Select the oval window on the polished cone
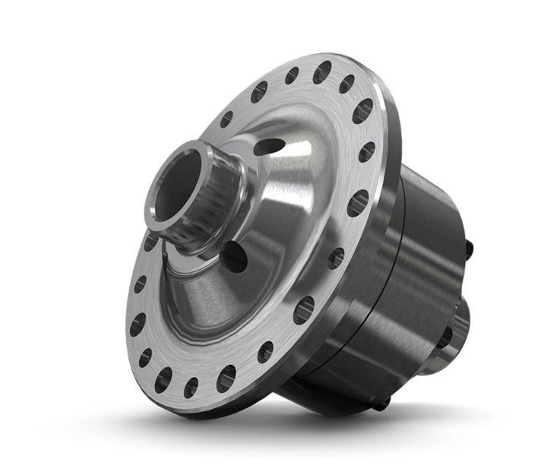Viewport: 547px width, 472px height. [268, 147]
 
